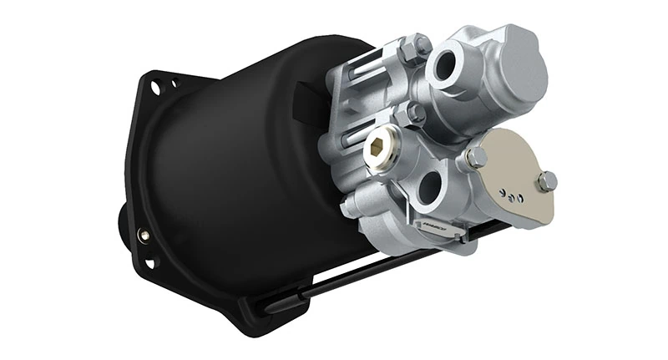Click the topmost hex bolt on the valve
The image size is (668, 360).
pyautogui.click(x=415, y=48)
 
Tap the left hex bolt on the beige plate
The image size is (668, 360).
pyautogui.click(x=478, y=156)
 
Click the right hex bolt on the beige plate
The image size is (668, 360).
pyautogui.click(x=547, y=181)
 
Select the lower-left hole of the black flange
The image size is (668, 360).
pyautogui.click(x=149, y=263)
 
